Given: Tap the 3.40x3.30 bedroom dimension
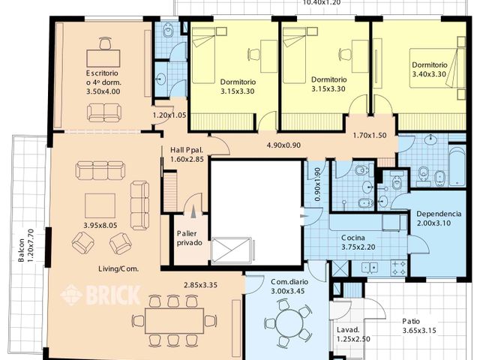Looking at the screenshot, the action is pyautogui.click(x=429, y=74).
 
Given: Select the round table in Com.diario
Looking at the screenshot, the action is pyautogui.click(x=289, y=323).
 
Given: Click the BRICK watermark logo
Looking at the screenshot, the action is pyautogui.click(x=100, y=295).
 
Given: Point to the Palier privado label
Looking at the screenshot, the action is pyautogui.click(x=190, y=238).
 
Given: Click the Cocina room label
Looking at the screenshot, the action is pyautogui.click(x=353, y=238).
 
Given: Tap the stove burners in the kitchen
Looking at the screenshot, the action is pyautogui.click(x=399, y=268).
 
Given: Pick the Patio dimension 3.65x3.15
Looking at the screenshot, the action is pyautogui.click(x=419, y=331).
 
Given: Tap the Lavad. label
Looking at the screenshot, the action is pyautogui.click(x=348, y=330).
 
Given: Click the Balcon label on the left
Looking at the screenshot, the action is pyautogui.click(x=22, y=250).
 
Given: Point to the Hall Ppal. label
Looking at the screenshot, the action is pyautogui.click(x=187, y=150).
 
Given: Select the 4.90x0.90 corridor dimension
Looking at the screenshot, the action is pyautogui.click(x=283, y=145).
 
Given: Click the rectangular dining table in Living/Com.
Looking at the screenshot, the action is pyautogui.click(x=174, y=321).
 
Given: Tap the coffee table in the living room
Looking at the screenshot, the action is pyautogui.click(x=100, y=205).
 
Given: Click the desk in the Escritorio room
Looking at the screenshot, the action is pyautogui.click(x=103, y=58).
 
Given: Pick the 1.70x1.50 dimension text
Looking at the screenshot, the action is pyautogui.click(x=370, y=135).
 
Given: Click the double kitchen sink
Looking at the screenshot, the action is pyautogui.click(x=370, y=268).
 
